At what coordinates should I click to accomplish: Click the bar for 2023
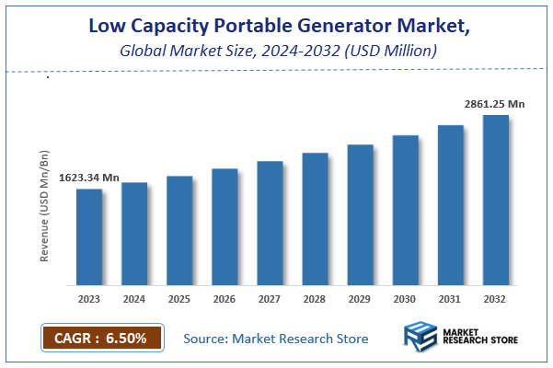(89, 236)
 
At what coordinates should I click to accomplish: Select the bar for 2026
(225, 226)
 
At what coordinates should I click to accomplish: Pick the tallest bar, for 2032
(496, 200)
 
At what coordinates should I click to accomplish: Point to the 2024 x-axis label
(134, 299)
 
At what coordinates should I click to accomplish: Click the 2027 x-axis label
(270, 299)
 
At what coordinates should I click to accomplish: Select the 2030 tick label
(405, 299)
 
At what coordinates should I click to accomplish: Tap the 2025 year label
(179, 299)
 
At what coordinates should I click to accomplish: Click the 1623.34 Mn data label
(89, 177)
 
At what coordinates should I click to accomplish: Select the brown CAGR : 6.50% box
(101, 338)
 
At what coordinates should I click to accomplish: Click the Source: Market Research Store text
(276, 339)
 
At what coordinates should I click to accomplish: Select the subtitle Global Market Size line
(276, 52)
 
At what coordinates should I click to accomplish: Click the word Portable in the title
(249, 26)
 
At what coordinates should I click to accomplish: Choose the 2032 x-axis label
(496, 299)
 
